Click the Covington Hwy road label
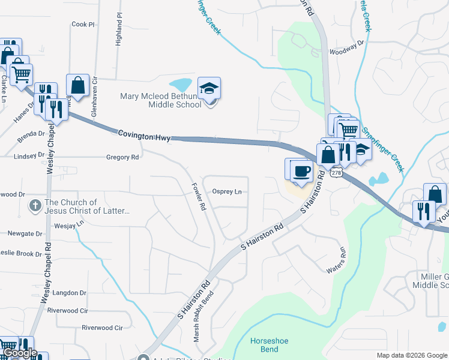[143, 135]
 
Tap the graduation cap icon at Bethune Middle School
[209, 89]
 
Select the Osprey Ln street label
[227, 191]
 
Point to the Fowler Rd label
[199, 196]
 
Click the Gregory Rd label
[122, 157]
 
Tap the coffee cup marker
[301, 171]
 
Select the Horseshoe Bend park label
[269, 345]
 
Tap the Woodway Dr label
[347, 43]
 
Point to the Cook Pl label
[83, 25]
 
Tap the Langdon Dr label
[70, 293]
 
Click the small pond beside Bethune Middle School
[181, 85]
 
